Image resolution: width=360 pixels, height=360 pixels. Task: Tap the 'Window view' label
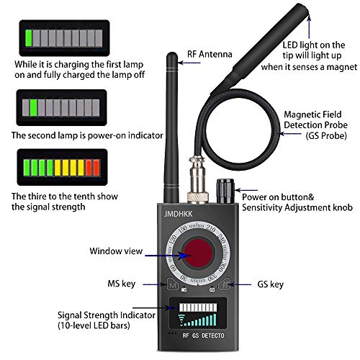(x=115, y=252)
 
